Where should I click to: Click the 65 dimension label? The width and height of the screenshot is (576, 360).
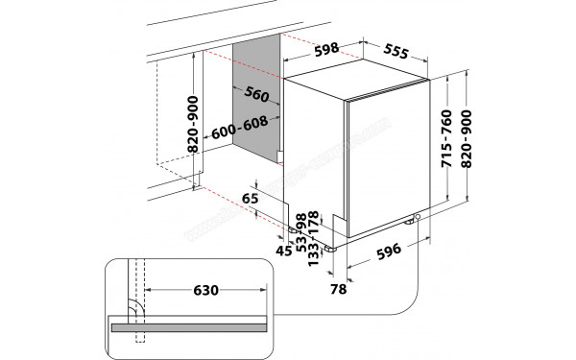click(252, 198)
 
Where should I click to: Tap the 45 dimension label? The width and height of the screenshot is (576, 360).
click(284, 252)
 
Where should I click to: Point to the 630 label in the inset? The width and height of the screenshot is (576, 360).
click(209, 289)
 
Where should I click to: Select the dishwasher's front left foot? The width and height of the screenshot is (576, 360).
click(332, 247)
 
